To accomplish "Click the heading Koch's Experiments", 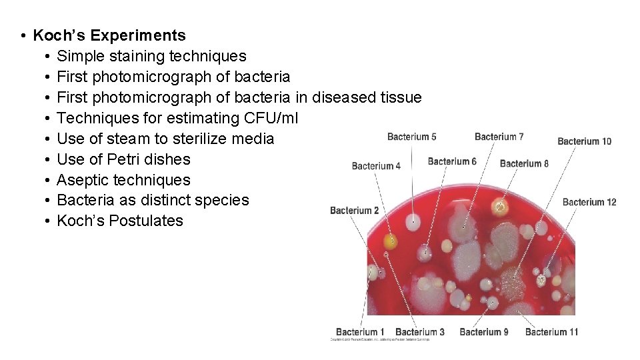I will coord(109,35).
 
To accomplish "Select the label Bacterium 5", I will coord(411,137).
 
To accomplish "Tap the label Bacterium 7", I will coord(499,137).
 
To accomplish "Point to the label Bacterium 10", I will coord(584,141).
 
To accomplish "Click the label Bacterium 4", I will coord(376,166).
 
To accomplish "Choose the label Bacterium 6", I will coord(452,161).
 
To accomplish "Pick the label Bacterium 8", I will coord(524,163).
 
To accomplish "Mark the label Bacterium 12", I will coord(589,202).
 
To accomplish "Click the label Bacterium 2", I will coord(355,211).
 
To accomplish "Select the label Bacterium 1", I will coord(360,331).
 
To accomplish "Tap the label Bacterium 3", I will coord(419,331).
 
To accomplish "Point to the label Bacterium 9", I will coord(484,331).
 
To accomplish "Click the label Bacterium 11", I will coord(551,331).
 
